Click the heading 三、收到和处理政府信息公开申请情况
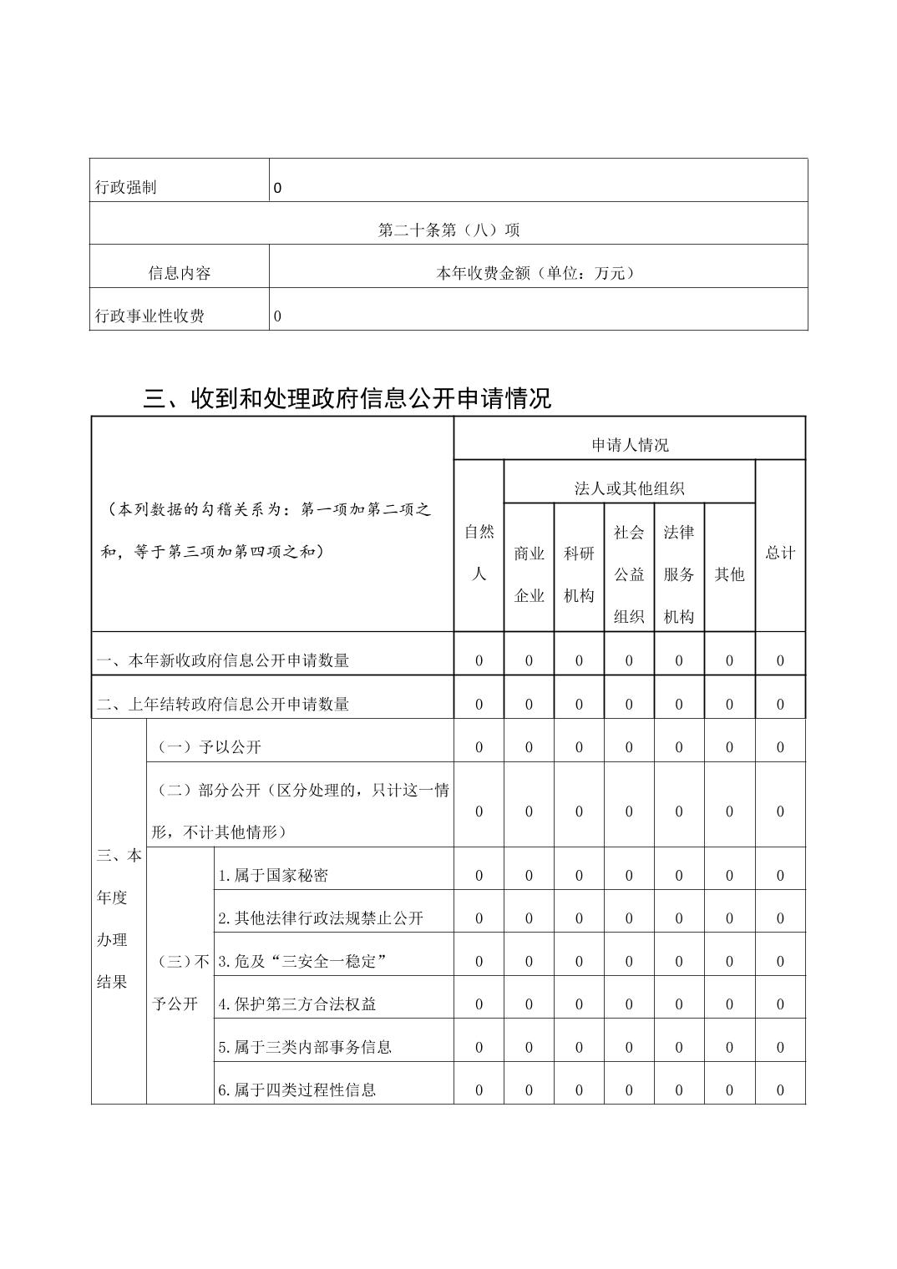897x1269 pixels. tap(347, 398)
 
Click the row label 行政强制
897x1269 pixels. tap(126, 187)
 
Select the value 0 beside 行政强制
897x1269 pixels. tap(277, 188)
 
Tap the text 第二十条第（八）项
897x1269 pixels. tap(448, 230)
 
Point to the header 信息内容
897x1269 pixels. tap(180, 273)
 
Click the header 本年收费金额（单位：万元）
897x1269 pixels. tap(536, 273)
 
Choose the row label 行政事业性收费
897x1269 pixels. tap(150, 316)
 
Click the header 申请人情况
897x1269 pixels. tap(630, 445)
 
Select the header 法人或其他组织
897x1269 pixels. tap(630, 488)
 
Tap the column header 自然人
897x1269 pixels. tap(479, 553)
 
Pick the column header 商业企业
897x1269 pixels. tap(530, 574)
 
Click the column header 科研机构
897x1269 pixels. tap(579, 574)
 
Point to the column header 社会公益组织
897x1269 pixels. tap(629, 574)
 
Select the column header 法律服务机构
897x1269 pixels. tap(679, 574)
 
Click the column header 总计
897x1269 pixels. tap(780, 553)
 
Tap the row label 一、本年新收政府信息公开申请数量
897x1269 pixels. tap(223, 660)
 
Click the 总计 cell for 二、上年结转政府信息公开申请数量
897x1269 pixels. tap(780, 704)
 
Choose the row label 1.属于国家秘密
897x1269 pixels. tap(273, 875)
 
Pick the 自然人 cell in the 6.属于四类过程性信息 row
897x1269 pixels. tap(479, 1090)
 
